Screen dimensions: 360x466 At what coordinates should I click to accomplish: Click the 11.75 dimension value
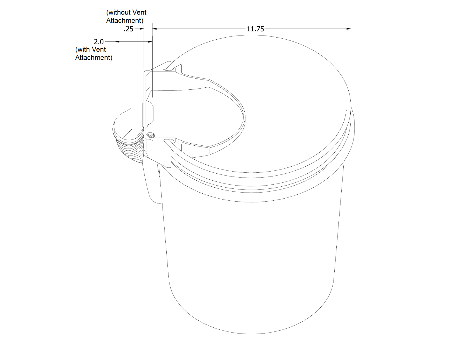[255, 29]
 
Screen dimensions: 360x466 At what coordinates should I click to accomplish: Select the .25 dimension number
[128, 29]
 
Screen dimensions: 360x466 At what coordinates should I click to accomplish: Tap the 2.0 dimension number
[99, 42]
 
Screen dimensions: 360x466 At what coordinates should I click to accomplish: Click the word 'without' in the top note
[119, 13]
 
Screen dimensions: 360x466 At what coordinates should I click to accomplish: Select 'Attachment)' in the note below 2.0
[93, 57]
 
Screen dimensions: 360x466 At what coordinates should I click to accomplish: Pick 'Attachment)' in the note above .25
[125, 20]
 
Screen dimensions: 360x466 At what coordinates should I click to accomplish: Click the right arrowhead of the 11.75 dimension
[349, 29]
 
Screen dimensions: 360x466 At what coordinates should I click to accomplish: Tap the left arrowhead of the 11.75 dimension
[155, 29]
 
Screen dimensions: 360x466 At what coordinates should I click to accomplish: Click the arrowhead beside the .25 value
[142, 29]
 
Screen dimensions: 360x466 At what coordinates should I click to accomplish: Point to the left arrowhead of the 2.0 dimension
[117, 42]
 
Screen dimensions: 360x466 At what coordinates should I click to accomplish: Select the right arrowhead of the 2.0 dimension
[150, 42]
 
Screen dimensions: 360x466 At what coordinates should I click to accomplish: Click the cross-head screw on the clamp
[151, 135]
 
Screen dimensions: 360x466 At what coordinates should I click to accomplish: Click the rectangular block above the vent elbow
[137, 116]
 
